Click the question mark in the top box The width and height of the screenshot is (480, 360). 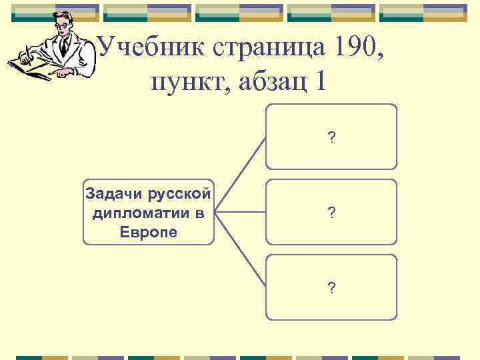tap(331, 138)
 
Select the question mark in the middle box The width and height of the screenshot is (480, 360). tap(331, 213)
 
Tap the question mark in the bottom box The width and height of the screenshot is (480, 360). tap(331, 287)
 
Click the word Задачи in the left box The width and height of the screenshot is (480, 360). tap(111, 194)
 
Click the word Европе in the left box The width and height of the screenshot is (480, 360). tap(149, 232)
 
